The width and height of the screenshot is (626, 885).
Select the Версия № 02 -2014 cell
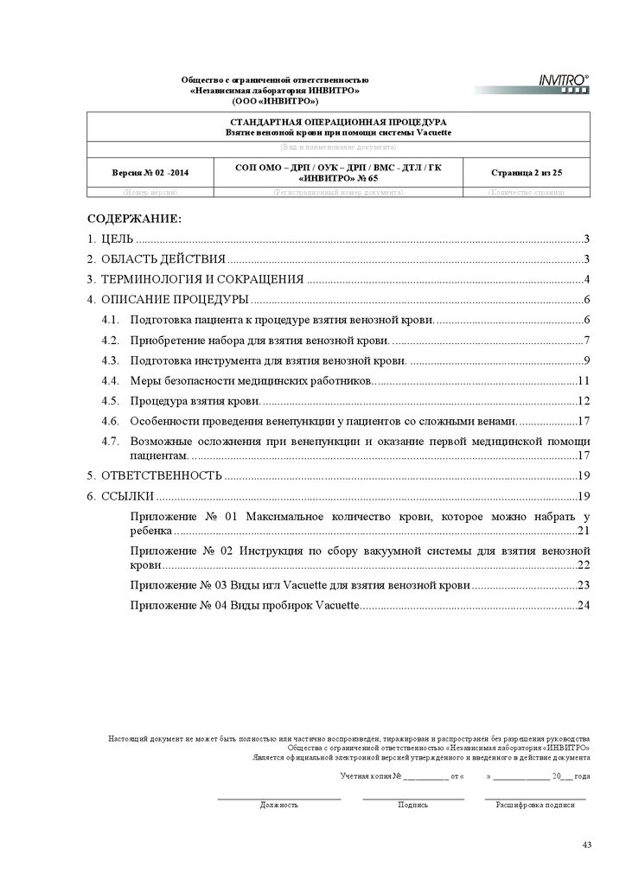[x=150, y=173]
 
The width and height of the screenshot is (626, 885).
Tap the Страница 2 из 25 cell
[x=527, y=173]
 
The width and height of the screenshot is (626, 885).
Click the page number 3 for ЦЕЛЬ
[x=586, y=239]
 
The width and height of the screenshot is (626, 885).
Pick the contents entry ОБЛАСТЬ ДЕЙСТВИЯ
[x=163, y=259]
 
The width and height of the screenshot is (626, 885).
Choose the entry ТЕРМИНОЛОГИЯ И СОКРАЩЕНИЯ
[x=202, y=279]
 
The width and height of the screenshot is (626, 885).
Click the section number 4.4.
[x=109, y=381]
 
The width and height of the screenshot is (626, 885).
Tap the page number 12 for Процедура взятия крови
[x=584, y=401]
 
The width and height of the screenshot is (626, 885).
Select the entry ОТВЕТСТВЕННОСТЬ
[x=163, y=476]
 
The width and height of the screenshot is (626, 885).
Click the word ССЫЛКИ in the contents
[x=128, y=496]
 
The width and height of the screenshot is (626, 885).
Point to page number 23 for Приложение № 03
[x=584, y=586]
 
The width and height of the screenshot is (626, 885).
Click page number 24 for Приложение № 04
[x=584, y=606]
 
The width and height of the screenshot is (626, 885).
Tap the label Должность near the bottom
[x=278, y=805]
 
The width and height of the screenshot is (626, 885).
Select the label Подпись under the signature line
[x=412, y=805]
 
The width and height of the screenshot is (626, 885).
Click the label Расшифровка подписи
[x=534, y=805]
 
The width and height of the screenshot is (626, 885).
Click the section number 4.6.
[x=109, y=421]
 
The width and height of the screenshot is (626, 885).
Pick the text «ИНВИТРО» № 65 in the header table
[x=337, y=178]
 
